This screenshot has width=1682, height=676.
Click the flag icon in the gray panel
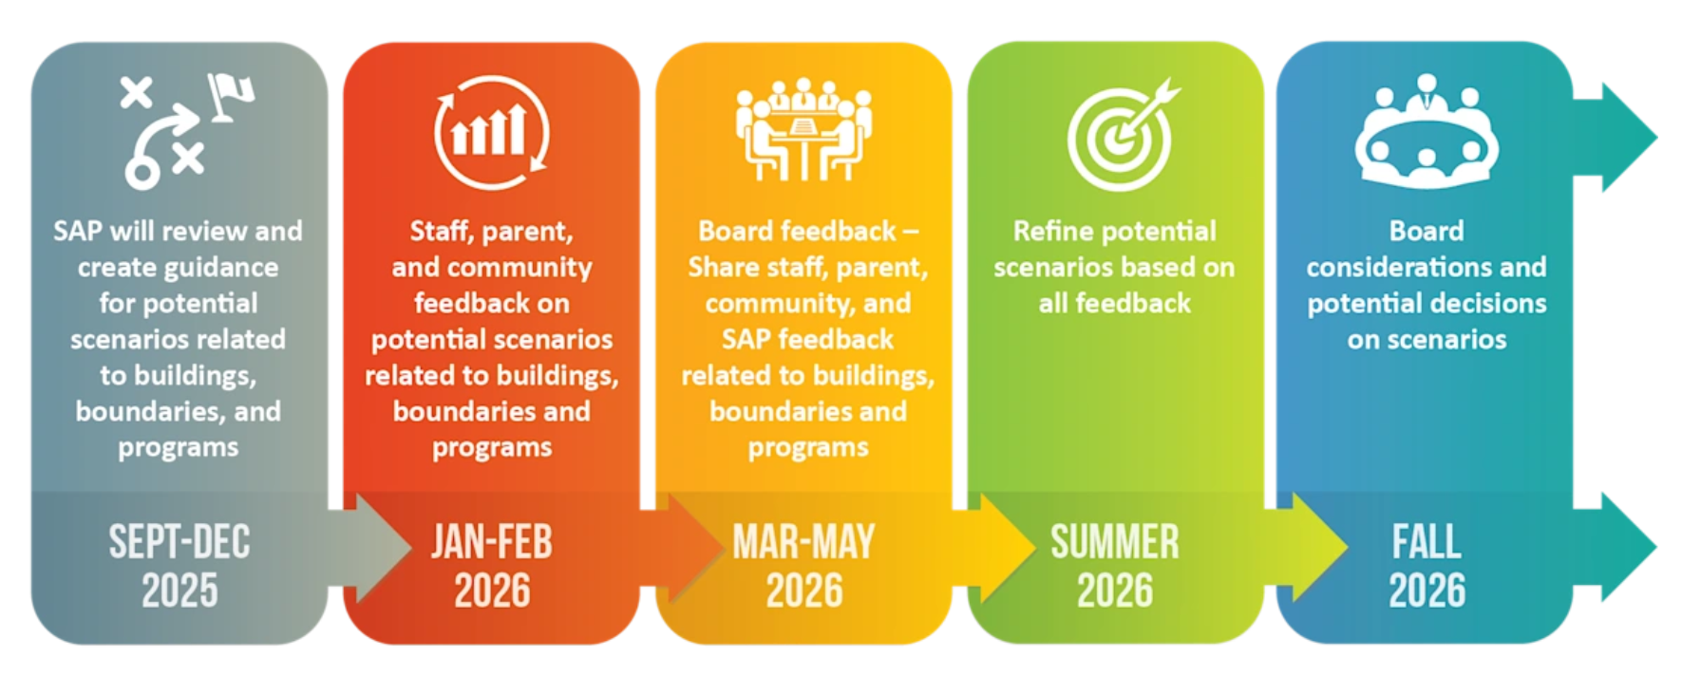[231, 97]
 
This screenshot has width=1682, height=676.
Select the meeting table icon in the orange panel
[803, 129]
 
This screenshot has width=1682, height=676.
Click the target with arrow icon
[1123, 134]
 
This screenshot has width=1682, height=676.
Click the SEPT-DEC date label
[180, 542]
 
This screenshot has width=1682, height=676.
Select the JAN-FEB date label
[492, 542]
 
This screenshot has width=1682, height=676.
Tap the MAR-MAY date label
[803, 542]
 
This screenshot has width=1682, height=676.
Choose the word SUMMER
[1115, 542]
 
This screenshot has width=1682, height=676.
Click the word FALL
[1427, 542]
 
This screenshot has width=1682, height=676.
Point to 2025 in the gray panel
[180, 591]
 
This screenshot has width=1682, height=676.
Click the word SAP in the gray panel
[77, 231]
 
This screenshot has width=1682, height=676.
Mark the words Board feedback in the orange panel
[797, 231]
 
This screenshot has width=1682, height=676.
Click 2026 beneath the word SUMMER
[1115, 591]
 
